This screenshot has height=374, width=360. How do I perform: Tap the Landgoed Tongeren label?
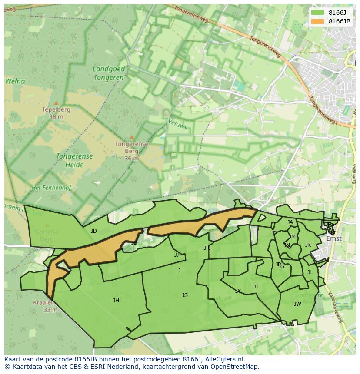click(109, 73)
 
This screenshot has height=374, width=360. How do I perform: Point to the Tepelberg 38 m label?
click(56, 113)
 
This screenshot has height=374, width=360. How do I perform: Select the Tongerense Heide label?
click(74, 160)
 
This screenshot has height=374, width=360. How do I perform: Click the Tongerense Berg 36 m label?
click(131, 151)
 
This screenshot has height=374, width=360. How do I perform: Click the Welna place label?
click(15, 81)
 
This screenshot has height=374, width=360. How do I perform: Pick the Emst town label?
click(334, 238)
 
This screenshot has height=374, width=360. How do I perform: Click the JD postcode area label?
click(94, 231)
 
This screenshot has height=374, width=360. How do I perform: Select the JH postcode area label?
click(116, 301)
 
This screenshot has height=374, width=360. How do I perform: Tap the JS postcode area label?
click(185, 295)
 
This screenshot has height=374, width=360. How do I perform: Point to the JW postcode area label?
click(297, 304)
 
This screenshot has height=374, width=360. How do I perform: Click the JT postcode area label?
click(256, 287)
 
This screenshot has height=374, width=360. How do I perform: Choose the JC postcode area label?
click(300, 214)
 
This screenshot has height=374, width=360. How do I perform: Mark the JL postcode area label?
click(310, 273)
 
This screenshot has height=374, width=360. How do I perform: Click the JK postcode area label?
click(308, 245)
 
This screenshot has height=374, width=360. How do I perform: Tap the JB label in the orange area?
click(134, 243)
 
